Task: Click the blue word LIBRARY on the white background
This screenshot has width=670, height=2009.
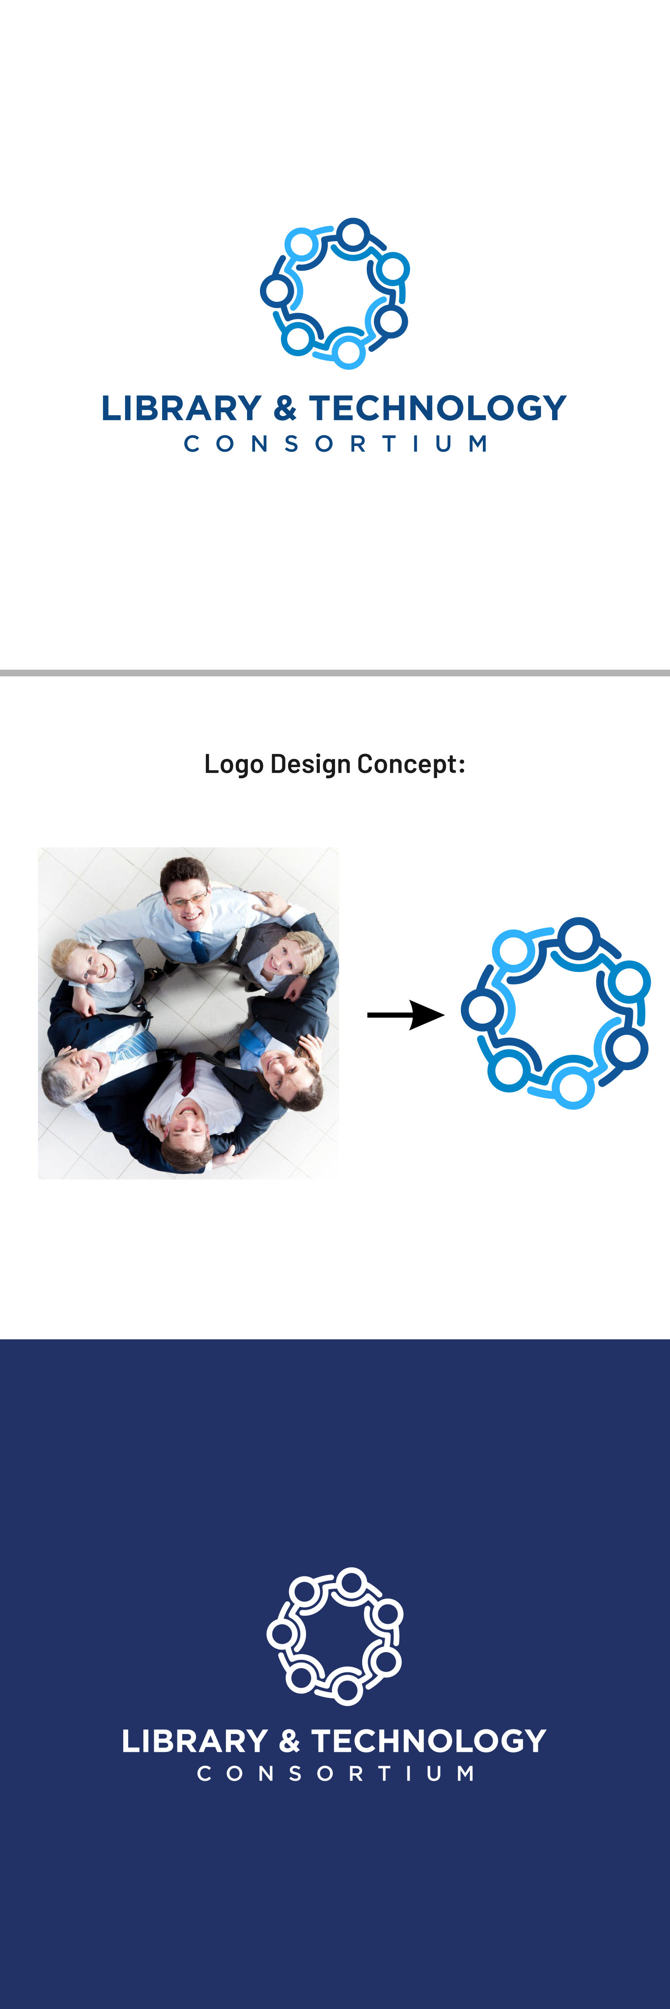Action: pos(181,408)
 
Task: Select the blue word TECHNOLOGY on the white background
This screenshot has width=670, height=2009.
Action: pos(438,408)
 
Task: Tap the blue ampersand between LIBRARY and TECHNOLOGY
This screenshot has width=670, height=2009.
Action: pos(285,408)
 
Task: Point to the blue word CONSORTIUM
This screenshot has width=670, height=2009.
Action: pos(335,444)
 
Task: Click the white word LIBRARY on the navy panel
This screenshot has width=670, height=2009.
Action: pos(195,1742)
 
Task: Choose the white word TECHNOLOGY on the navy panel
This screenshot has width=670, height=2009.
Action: pos(429,1742)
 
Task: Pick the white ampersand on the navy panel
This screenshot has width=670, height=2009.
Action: pos(289,1742)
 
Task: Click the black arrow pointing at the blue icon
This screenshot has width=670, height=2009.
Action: pos(406,1015)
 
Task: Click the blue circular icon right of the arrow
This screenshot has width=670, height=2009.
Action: pos(555,1012)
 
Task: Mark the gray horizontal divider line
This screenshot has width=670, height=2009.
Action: pos(335,672)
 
